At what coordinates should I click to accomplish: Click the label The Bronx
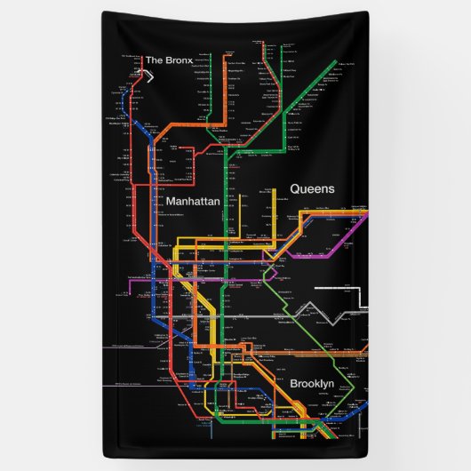tap(169, 60)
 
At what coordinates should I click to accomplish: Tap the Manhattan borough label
tap(192, 203)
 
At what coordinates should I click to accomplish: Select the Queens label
tap(312, 188)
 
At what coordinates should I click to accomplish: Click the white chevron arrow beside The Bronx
tap(150, 76)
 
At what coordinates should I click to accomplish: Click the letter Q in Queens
tap(294, 188)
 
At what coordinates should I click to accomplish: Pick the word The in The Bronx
tap(154, 60)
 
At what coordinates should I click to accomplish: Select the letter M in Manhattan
tap(170, 203)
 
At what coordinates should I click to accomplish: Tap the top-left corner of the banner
tap(103, 12)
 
